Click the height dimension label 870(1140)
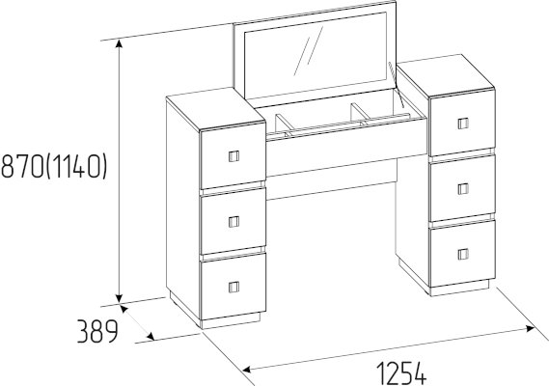(x=54, y=167)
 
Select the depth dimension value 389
(x=97, y=331)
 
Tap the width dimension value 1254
(x=401, y=373)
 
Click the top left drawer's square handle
(x=233, y=156)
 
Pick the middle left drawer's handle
(x=233, y=222)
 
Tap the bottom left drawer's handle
(x=233, y=287)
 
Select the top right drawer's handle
(x=463, y=124)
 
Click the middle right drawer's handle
(x=463, y=189)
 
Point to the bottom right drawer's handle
(x=463, y=255)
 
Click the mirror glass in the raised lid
(x=316, y=56)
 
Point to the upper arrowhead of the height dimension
(x=120, y=43)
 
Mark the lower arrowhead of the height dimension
(x=120, y=297)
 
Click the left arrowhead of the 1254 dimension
(x=247, y=370)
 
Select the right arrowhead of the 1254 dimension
(x=530, y=328)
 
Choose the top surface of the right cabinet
(x=446, y=74)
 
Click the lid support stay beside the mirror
(x=396, y=85)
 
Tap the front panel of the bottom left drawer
(x=233, y=288)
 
